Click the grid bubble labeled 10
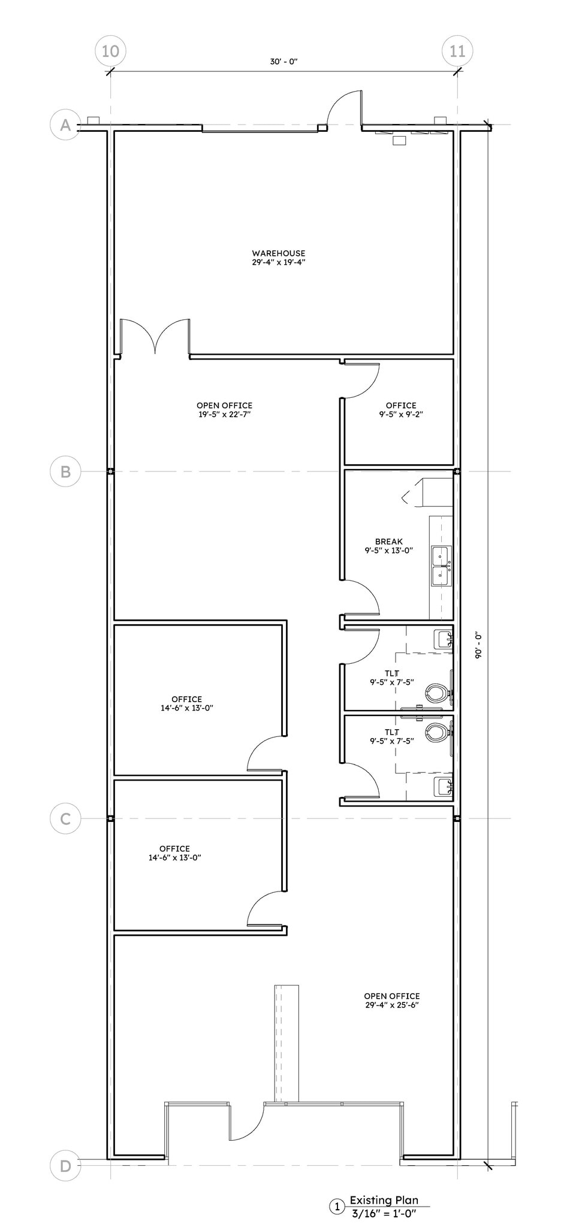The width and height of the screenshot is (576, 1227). click(110, 51)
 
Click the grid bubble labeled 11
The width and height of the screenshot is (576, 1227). click(457, 51)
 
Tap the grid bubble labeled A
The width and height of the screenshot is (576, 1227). click(65, 125)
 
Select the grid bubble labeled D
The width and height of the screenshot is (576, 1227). click(65, 1165)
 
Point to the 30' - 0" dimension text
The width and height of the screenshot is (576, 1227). click(284, 62)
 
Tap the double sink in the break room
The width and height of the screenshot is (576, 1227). click(441, 566)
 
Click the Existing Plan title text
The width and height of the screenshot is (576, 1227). click(384, 1200)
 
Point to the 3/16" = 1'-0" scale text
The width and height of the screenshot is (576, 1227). click(384, 1213)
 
